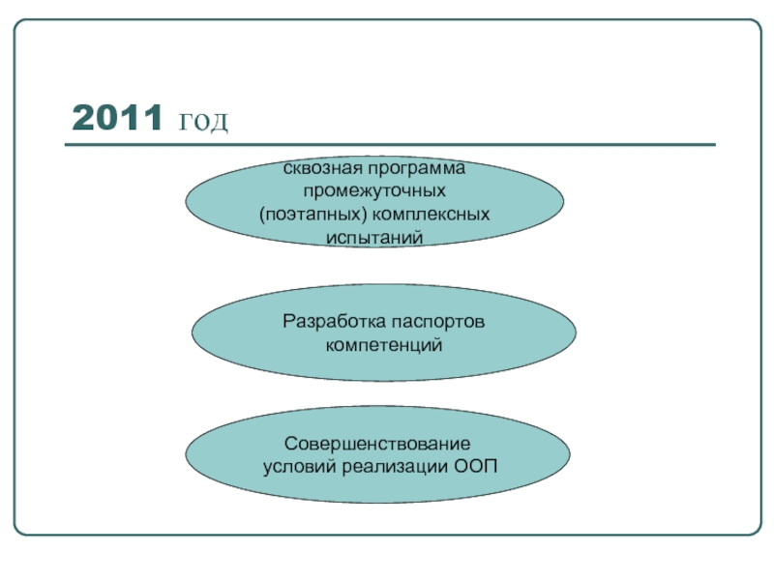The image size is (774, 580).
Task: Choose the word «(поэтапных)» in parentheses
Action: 306,212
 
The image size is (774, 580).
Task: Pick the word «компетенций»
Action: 384,343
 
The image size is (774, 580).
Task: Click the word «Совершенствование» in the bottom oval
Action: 377,445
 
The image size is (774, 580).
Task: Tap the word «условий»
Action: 299,468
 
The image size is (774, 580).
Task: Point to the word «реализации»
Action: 393,468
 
